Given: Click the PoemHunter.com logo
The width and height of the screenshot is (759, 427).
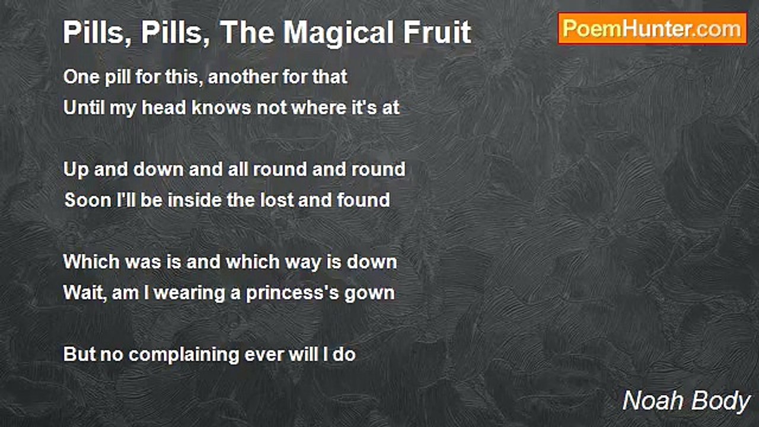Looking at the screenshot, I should point(652,28).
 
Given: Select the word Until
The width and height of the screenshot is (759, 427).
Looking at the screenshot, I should point(81,108).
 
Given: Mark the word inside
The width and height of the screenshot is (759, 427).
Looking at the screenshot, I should point(194,200).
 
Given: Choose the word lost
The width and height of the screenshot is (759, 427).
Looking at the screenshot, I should point(276,200).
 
